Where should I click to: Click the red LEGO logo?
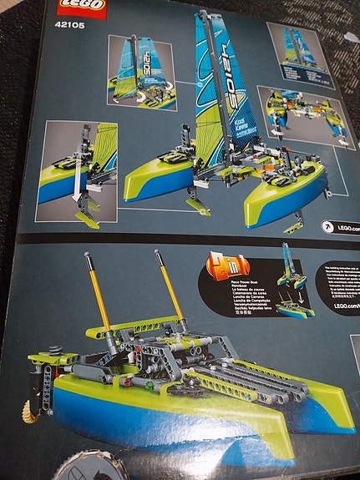(x=80, y=7)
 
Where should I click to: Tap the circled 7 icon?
(x=328, y=226)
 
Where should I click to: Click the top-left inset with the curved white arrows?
(x=141, y=73)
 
